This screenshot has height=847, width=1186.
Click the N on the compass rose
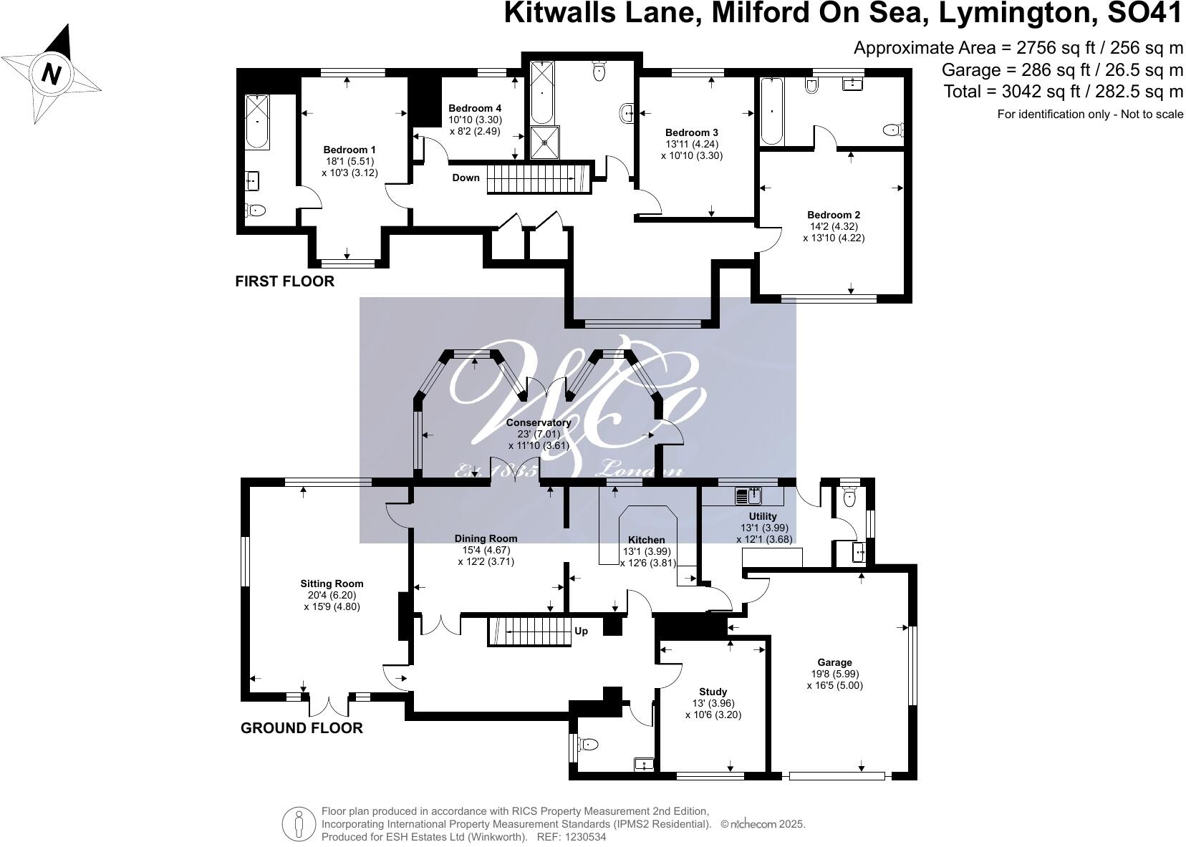(x=50, y=73)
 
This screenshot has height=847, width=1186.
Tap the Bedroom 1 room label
(x=349, y=150)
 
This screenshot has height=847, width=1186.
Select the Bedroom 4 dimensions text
(x=475, y=126)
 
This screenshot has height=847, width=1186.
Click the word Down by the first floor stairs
(x=466, y=178)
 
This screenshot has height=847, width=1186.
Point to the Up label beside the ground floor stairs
(x=582, y=631)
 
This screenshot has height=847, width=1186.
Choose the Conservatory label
(x=539, y=422)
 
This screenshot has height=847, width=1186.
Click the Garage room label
(x=835, y=662)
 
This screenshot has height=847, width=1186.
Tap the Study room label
(x=713, y=692)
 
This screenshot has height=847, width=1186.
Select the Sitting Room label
(x=332, y=584)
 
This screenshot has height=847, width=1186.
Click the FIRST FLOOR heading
(x=284, y=281)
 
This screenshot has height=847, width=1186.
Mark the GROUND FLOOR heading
(x=302, y=728)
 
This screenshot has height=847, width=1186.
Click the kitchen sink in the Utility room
(x=748, y=495)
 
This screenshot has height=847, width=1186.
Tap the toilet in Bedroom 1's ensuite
(x=255, y=210)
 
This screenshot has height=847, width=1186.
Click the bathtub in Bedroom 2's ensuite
(x=771, y=111)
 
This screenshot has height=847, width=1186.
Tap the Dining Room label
(x=486, y=538)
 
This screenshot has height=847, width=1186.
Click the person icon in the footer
(x=299, y=823)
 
